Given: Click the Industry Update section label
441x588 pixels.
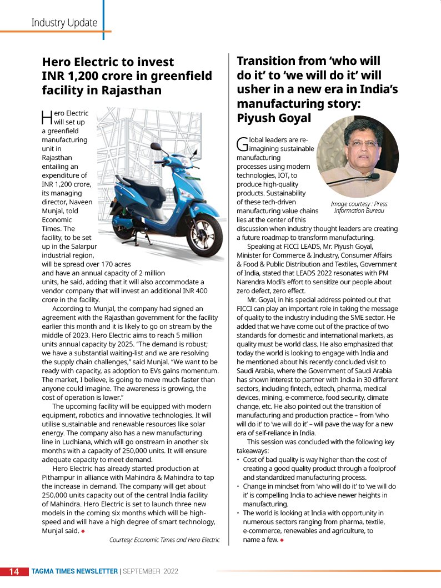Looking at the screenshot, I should [64, 23].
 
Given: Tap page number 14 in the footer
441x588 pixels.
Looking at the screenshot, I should [14, 571].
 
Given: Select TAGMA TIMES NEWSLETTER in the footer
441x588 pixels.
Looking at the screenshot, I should [74, 571].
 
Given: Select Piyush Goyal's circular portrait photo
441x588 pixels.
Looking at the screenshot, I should [357, 157].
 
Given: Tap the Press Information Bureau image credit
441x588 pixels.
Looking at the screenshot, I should [359, 207].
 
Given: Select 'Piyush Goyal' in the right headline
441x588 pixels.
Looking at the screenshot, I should [274, 118].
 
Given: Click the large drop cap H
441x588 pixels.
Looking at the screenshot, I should [47, 117].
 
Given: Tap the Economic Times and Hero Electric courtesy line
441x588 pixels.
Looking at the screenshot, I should [164, 540].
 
